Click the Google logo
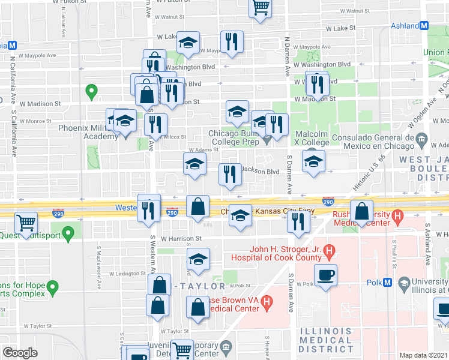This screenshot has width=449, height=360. tap(20, 353)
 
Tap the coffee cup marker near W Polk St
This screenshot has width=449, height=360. tap(326, 275)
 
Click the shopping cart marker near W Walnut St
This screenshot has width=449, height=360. tap(260, 8)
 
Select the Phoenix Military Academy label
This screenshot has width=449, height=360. tap(88, 132)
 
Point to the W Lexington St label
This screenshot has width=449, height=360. tap(127, 273)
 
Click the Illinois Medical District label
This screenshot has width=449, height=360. tap(326, 340)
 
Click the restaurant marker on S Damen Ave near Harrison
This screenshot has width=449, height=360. tap(298, 221)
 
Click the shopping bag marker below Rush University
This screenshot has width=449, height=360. tap(362, 211)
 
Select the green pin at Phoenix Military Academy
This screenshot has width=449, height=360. tap(91, 92)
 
